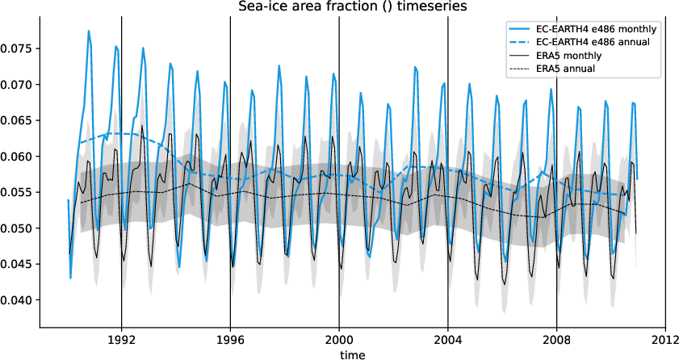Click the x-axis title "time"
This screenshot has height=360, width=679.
click(x=352, y=354)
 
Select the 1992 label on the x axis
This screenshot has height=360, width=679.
click(x=121, y=340)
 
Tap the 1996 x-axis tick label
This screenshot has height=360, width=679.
click(x=230, y=340)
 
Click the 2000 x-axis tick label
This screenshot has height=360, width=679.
click(x=339, y=340)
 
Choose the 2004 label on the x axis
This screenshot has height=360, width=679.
click(x=447, y=340)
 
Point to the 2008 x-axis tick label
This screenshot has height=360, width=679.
click(x=556, y=340)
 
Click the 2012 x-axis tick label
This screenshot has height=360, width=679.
click(x=664, y=340)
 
